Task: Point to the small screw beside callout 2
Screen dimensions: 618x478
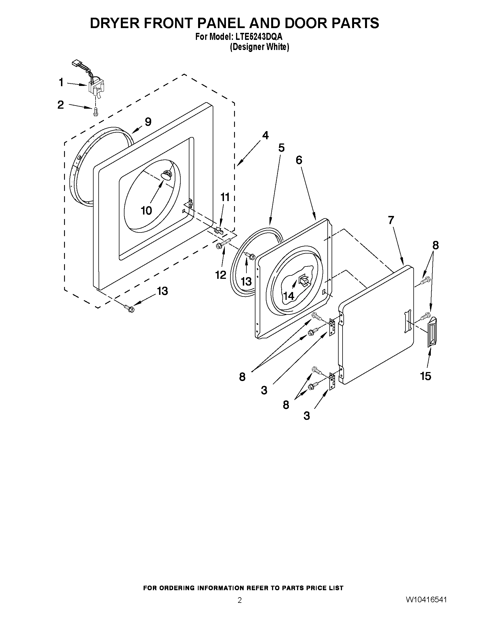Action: click(96, 111)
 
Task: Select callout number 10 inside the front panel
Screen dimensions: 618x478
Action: click(146, 210)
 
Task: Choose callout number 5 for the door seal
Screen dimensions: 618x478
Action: click(281, 147)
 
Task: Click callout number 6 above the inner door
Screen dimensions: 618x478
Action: click(299, 160)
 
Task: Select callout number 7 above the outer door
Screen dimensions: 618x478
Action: click(391, 220)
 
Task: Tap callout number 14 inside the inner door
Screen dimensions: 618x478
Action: click(289, 296)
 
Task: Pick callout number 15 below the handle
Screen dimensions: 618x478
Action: click(426, 376)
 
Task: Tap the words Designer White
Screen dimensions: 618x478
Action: click(260, 47)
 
